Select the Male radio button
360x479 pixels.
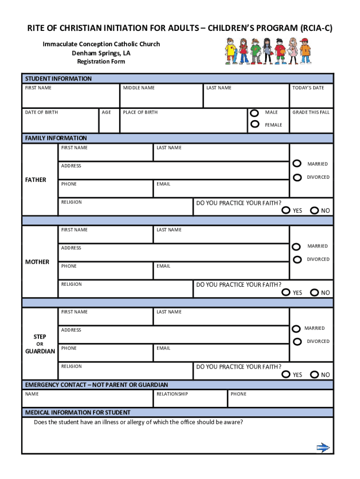pos(255,113)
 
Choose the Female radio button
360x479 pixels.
pos(255,124)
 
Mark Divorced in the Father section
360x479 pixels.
pos(297,177)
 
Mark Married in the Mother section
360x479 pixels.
pos(297,247)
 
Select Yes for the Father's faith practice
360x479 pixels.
pos(286,210)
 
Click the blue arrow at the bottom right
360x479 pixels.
pos(323,448)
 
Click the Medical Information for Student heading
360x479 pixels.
pos(78,412)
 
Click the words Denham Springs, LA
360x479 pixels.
pos(101,53)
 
